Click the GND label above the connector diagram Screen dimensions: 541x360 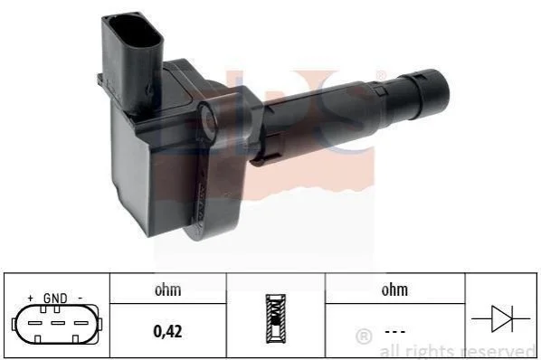(x=55, y=298)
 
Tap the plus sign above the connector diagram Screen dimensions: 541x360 (x=31, y=298)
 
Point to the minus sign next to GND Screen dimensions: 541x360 (x=80, y=298)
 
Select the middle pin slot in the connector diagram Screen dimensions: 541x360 (x=58, y=323)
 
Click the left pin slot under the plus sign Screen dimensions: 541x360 (x=35, y=323)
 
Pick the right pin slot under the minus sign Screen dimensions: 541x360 (x=81, y=323)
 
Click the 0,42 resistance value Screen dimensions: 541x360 (x=167, y=331)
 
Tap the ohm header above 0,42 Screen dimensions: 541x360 (x=167, y=290)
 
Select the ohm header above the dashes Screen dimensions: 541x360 (x=394, y=290)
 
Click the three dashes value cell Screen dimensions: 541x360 (x=395, y=331)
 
